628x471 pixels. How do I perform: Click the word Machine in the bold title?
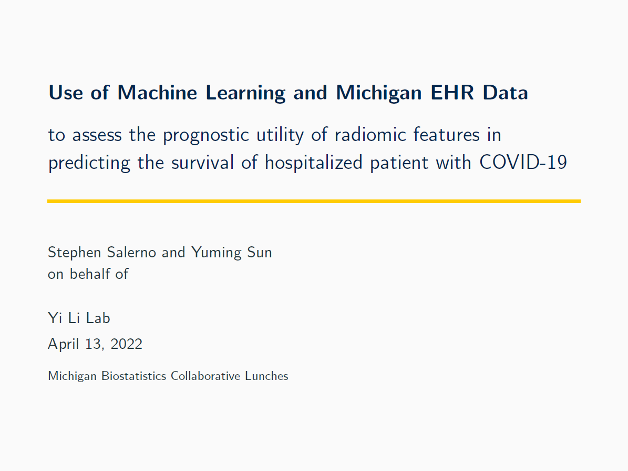[157, 93]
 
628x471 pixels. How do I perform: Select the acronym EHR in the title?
[452, 93]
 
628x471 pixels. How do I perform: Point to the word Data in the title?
[506, 93]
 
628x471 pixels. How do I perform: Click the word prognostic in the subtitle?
[206, 136]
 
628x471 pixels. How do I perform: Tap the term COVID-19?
[523, 163]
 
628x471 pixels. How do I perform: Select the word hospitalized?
[313, 163]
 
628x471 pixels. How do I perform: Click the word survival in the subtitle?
[202, 163]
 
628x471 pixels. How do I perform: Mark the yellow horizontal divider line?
[314, 201]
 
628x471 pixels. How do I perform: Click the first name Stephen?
[74, 253]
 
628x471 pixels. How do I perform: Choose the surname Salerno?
[131, 253]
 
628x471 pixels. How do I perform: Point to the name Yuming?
[215, 253]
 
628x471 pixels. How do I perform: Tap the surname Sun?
[260, 253]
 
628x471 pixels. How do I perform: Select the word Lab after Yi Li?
[98, 318]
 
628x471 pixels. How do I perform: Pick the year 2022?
[126, 344]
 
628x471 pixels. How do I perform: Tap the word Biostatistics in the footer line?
[134, 376]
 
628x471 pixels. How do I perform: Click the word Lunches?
[267, 376]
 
